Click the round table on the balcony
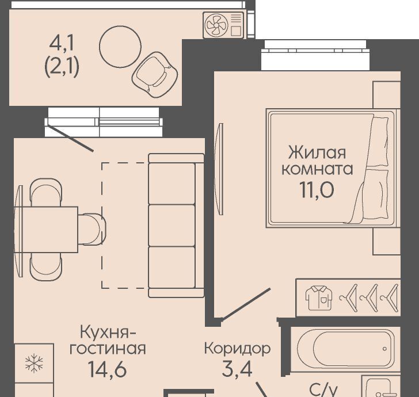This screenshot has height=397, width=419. pos(120,47)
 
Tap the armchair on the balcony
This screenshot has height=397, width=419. pos(155,75)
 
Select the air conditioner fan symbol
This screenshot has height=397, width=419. pos(216,25)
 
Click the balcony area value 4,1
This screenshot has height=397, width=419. pos(62,44)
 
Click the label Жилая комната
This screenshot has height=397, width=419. pos(317,161)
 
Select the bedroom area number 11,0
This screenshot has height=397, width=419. pos(317,190)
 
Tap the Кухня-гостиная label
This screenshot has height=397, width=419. pos(108,340)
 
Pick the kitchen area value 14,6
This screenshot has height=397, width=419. pos(107,369)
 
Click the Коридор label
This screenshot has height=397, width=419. pos(237,349)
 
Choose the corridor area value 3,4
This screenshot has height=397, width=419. pos(237,369)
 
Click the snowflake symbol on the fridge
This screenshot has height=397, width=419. pos(34,363)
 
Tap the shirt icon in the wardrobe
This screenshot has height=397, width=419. pos(319,297)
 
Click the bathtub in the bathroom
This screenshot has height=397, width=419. pos(346,349)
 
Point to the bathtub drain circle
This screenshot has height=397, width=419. pos(384,349)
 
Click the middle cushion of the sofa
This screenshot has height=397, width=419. pos(172,225)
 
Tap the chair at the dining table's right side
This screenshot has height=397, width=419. pos(92,229)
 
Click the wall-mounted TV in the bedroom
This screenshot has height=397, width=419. pos(219,169)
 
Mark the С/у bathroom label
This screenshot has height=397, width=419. pos(323,391)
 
